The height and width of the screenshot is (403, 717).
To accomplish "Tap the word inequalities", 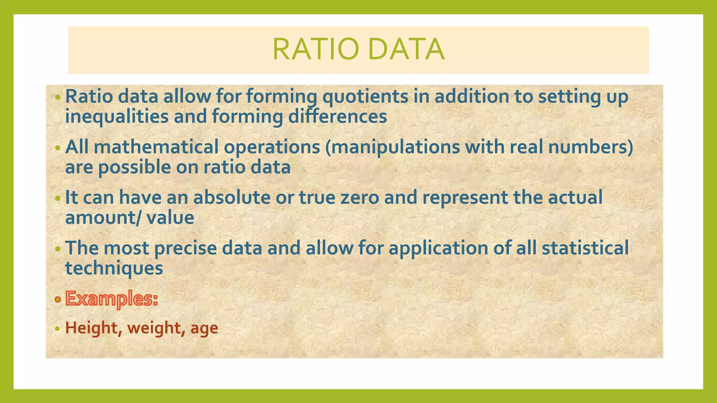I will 117,116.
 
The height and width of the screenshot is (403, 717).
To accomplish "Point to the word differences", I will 337,116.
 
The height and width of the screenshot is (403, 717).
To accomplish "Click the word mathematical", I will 156,147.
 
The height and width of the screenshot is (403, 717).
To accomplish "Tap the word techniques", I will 114,269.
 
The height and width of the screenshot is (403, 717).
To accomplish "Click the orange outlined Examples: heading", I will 112,299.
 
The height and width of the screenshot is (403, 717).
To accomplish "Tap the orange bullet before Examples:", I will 58,299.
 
